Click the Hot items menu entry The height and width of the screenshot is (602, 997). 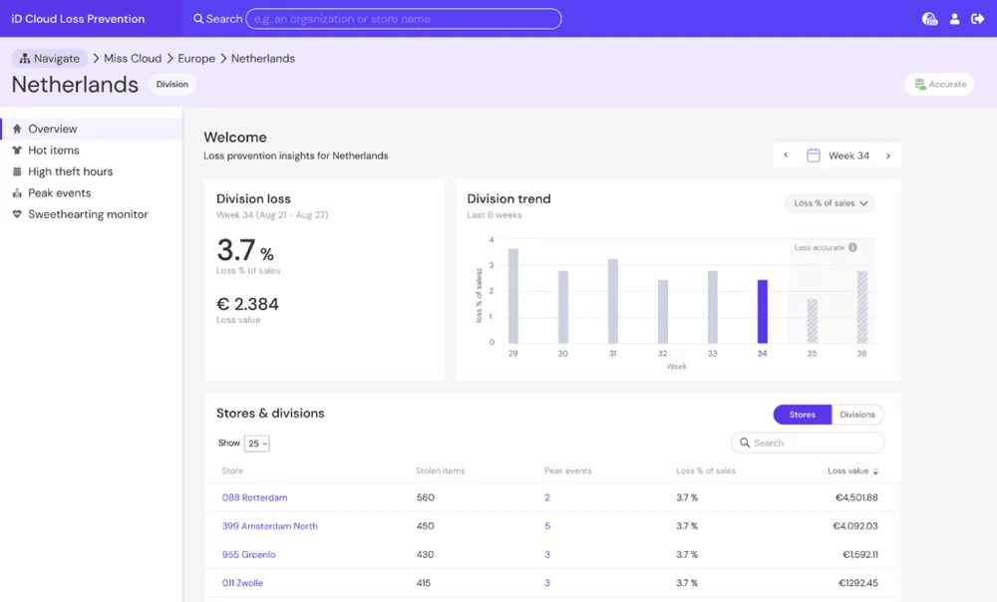point(54,150)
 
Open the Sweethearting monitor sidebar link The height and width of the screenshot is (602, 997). point(88,214)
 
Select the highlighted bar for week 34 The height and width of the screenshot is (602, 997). point(763,312)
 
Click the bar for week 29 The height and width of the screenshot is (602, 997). point(513,296)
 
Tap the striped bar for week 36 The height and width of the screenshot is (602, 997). point(861,307)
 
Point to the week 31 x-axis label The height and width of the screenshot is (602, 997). point(612,354)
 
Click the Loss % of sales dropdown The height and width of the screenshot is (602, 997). point(831,203)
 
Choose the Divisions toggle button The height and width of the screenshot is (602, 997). point(857,415)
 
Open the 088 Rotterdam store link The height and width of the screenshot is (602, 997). point(254,497)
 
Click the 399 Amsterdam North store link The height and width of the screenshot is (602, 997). point(269,525)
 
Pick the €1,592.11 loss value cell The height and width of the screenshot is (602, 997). point(859,554)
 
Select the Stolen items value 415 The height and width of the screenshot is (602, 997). point(424,582)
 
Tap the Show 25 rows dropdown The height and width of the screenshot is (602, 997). point(257,444)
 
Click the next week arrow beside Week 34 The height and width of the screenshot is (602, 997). point(888,155)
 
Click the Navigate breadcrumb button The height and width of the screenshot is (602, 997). point(50,59)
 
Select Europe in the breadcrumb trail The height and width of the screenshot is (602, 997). point(196,59)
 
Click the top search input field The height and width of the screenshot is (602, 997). point(404,19)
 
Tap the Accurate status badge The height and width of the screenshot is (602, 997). point(940,84)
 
